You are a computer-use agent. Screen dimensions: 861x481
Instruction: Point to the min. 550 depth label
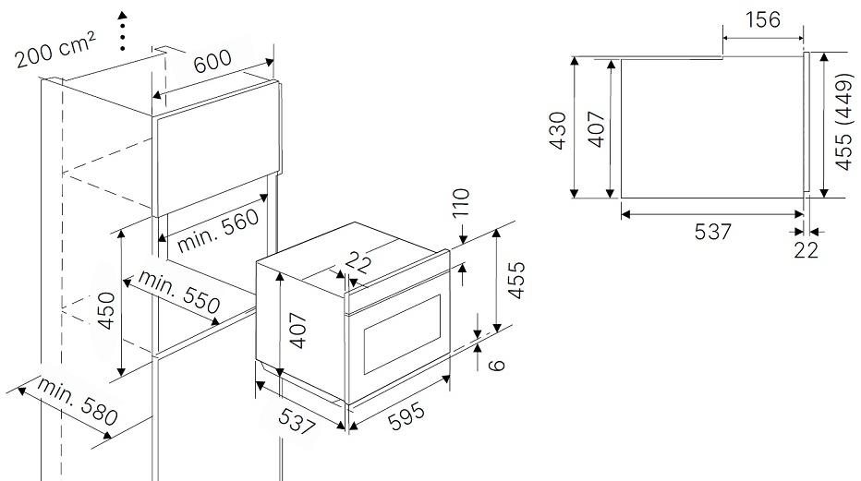(x=179, y=292)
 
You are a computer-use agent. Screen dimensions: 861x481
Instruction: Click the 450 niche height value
(x=106, y=310)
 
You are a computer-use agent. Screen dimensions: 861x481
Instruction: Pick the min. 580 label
(x=77, y=401)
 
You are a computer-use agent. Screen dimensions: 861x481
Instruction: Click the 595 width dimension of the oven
(x=406, y=416)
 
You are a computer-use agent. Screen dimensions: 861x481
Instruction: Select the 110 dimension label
(x=462, y=203)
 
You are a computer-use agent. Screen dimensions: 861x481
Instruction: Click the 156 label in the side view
(x=763, y=19)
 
